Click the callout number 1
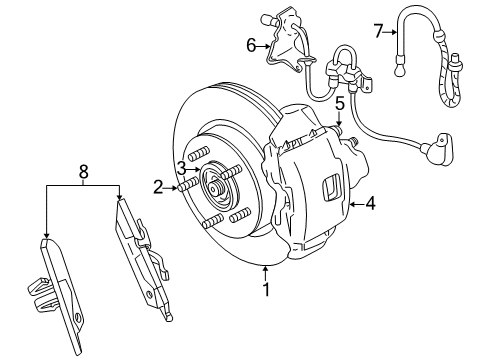pyautogui.click(x=265, y=291)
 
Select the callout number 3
pyautogui.click(x=181, y=167)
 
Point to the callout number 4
pyautogui.click(x=370, y=203)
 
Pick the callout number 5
pyautogui.click(x=340, y=103)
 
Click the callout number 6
pyautogui.click(x=251, y=44)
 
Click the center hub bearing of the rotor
pyautogui.click(x=213, y=186)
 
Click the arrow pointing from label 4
pyautogui.click(x=354, y=203)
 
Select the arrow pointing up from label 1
pyautogui.click(x=265, y=271)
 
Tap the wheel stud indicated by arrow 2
pyautogui.click(x=185, y=187)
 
